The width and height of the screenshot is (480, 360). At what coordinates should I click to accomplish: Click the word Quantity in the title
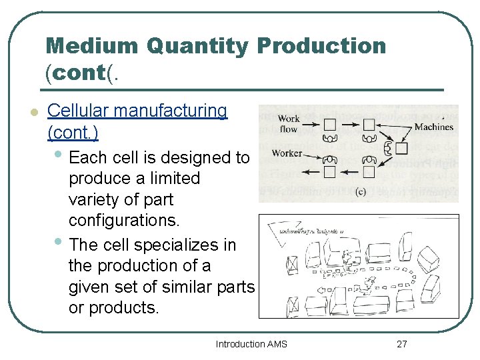[x=198, y=46]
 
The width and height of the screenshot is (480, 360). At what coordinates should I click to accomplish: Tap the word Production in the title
[x=321, y=46]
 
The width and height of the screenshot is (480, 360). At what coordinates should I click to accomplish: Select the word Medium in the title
[x=92, y=46]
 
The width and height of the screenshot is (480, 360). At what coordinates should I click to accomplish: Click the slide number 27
[x=401, y=344]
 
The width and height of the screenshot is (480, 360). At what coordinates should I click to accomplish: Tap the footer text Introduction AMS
[x=251, y=344]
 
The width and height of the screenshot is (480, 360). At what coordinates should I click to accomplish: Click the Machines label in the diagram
[x=433, y=127]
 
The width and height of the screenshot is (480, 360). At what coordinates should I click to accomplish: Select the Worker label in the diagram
[x=287, y=153]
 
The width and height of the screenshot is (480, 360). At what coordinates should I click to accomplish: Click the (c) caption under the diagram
[x=360, y=193]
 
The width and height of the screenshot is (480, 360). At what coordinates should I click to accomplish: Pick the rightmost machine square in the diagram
[x=401, y=148]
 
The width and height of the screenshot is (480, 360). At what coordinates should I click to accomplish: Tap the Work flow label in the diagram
[x=289, y=123]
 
